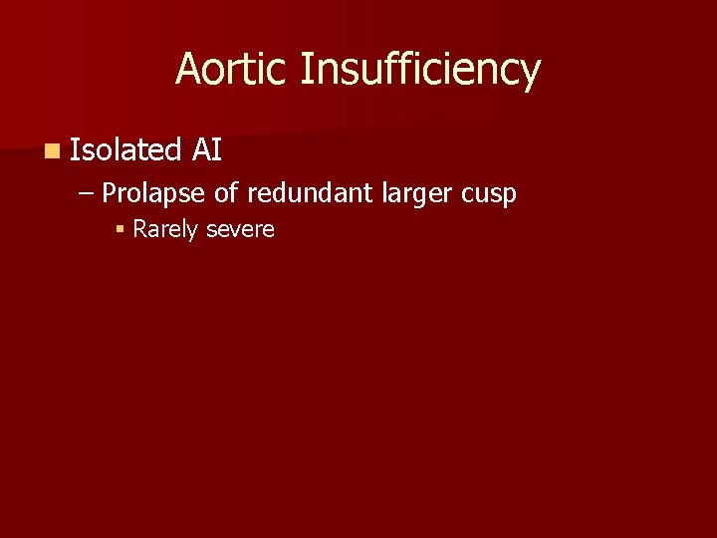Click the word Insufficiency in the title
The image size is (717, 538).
(x=419, y=70)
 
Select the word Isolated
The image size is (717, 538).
(x=124, y=150)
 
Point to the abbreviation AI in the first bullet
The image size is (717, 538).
(x=207, y=150)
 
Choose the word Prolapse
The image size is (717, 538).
(x=154, y=192)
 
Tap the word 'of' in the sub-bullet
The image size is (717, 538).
(x=225, y=192)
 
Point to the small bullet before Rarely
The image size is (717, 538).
(x=119, y=230)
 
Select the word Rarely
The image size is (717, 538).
(x=165, y=229)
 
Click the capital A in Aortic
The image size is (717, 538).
(x=188, y=70)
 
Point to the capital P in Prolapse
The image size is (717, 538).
(x=109, y=192)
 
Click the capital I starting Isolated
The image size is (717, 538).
(x=75, y=150)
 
